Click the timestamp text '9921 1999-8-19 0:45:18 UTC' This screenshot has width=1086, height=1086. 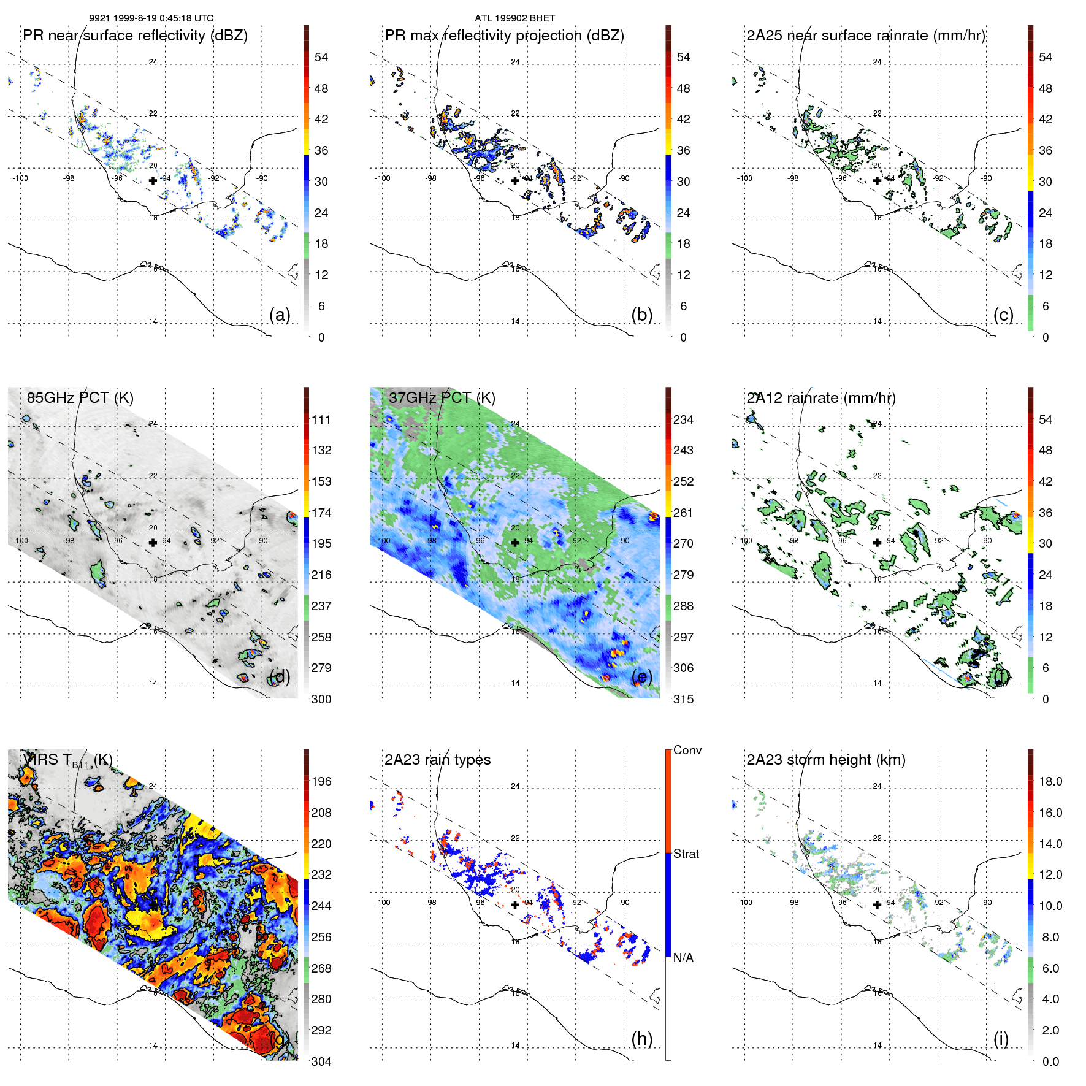coord(151,18)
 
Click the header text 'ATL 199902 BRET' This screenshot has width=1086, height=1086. coord(514,18)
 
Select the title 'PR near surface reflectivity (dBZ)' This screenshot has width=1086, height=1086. coord(135,36)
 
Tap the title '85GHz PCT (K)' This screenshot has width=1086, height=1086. coord(80,398)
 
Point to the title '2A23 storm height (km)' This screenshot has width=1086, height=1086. coord(825,760)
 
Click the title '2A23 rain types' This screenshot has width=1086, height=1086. coord(437,760)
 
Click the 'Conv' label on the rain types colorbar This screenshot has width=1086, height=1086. coord(687,750)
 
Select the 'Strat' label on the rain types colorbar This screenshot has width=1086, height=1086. coord(686,854)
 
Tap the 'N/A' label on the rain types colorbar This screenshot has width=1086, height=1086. coord(683,958)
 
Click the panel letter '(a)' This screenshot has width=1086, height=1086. coord(280,315)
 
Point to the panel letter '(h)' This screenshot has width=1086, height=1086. coord(641,1039)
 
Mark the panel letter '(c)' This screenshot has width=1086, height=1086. coord(1003,315)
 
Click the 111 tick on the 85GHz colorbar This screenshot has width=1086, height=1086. coord(321,419)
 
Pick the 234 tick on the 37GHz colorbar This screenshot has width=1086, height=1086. coord(683,419)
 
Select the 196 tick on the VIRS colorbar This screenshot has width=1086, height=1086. coord(321,781)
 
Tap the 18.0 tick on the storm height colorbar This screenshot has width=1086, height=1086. coord(1050,781)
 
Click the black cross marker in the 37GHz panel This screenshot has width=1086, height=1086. coord(515,542)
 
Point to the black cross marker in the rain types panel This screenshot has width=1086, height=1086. coord(515,904)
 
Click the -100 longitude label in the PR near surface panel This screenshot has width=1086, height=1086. coord(20,178)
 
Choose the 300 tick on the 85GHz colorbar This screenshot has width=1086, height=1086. coord(321,699)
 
